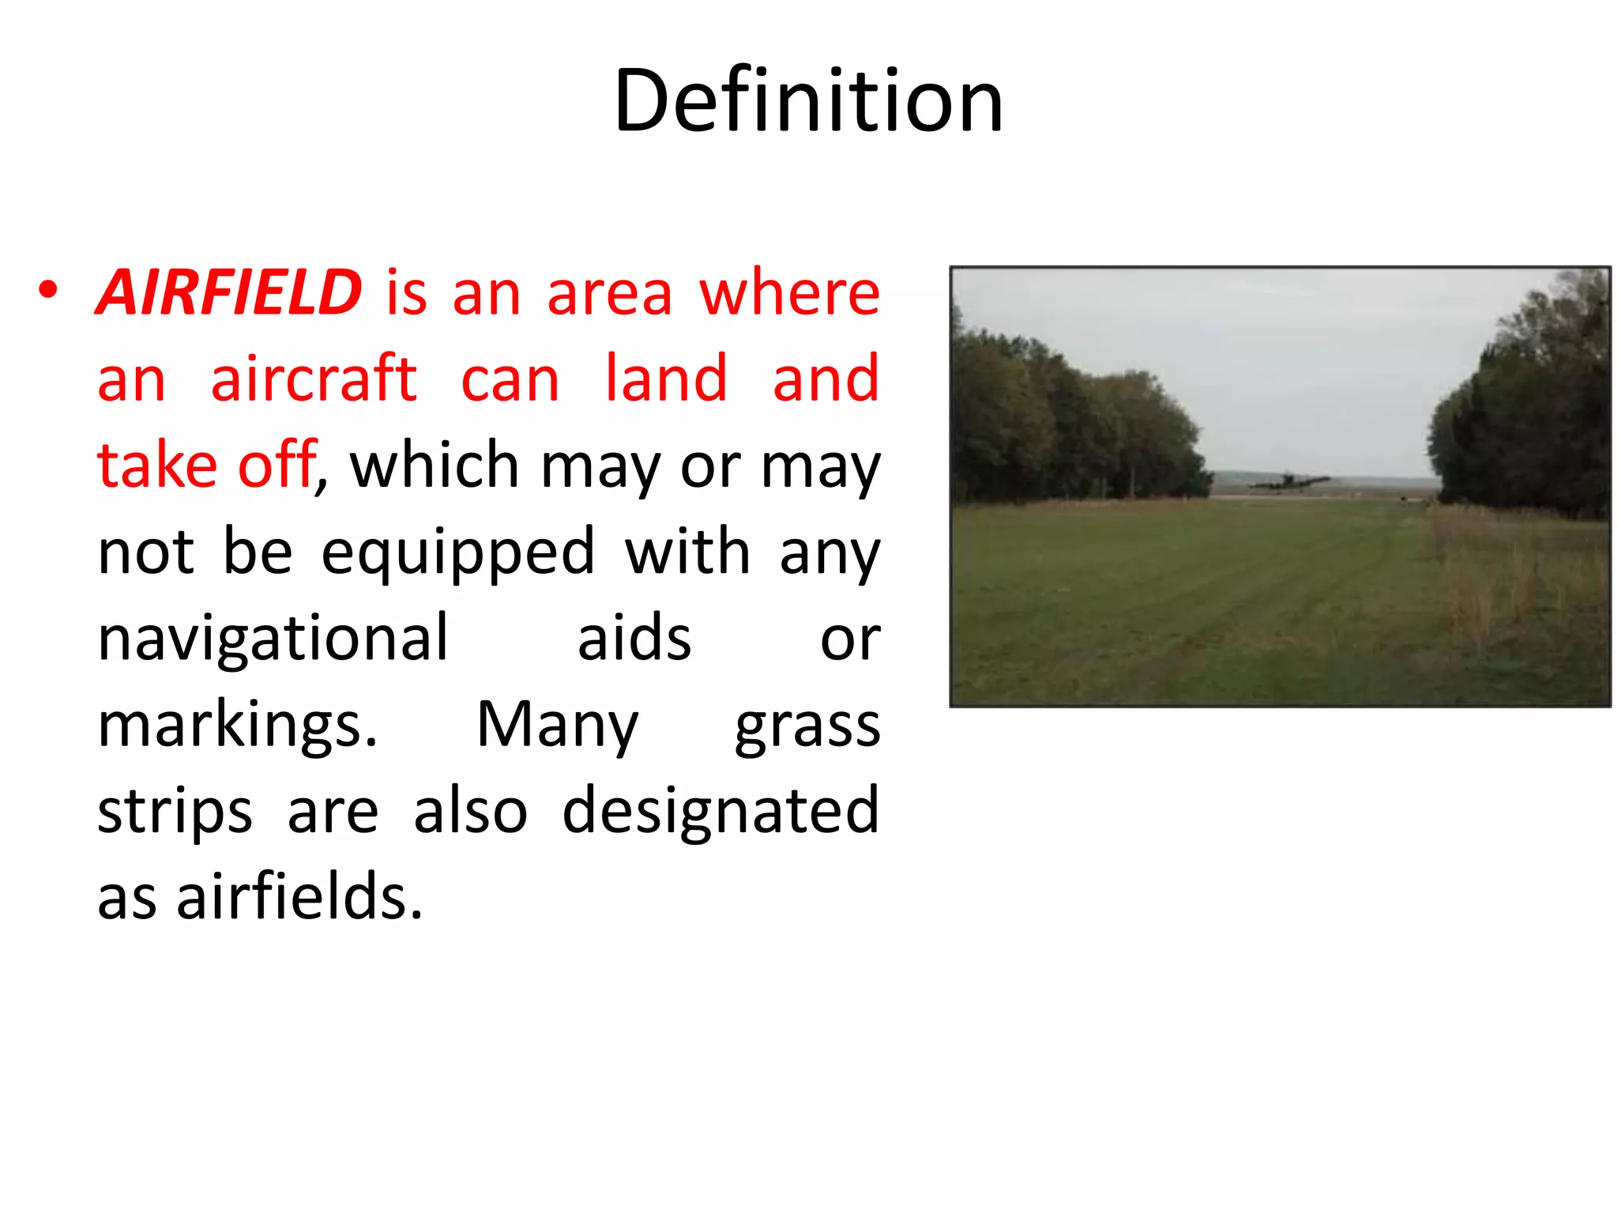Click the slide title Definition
coord(807,101)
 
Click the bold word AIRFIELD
coord(229,292)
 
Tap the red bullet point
coord(48,291)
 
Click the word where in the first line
coord(789,292)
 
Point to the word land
coord(665,379)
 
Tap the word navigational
coord(273,638)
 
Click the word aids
coord(634,638)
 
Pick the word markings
coord(237,726)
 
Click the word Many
coord(557,726)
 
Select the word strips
coord(175,812)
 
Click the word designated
coord(720,811)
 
